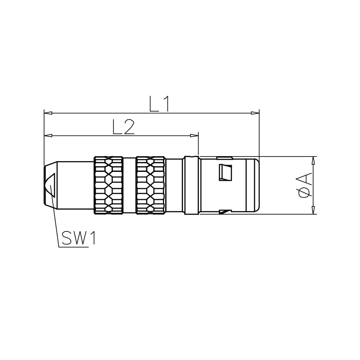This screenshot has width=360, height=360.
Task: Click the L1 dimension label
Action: coord(159,104)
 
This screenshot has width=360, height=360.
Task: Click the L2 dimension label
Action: coord(123,126)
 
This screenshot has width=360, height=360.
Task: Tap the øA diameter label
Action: coord(306,185)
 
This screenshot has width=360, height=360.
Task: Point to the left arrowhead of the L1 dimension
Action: coord(48,113)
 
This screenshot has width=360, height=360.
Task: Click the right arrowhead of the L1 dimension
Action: coord(255,113)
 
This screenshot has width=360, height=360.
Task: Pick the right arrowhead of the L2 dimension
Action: coord(194,136)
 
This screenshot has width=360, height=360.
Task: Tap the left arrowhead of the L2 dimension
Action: coord(48,136)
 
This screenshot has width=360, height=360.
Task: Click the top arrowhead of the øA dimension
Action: coord(313,161)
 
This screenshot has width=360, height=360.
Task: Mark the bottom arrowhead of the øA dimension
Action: coord(313,210)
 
